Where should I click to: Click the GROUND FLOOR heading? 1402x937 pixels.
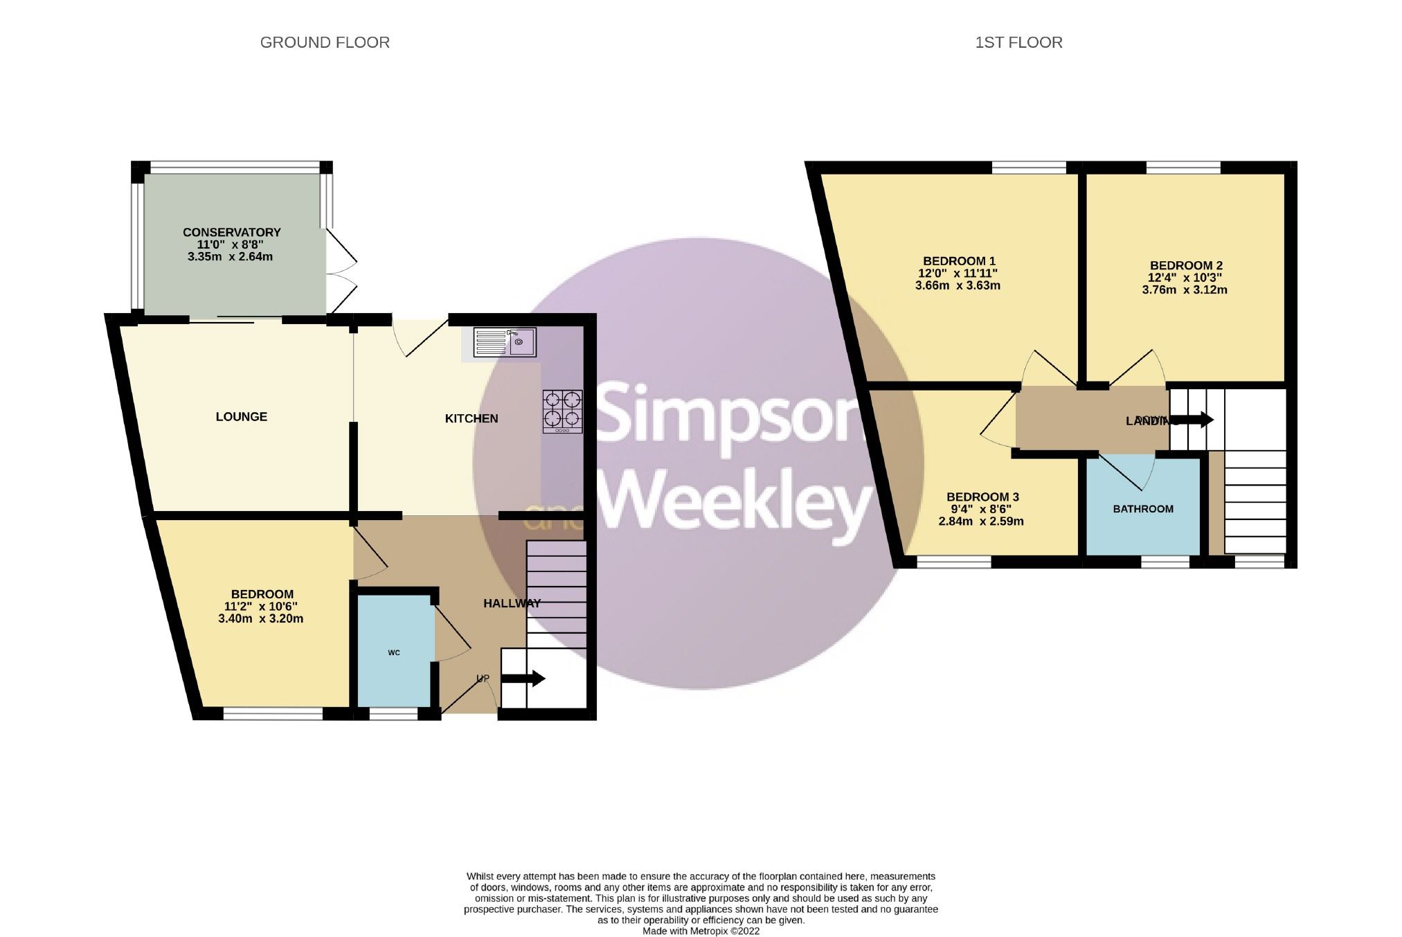[x=325, y=43]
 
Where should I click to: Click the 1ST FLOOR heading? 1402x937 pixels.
[x=1018, y=43]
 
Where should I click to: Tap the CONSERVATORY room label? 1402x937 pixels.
[x=231, y=233]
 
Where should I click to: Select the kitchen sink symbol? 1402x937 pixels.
[x=505, y=342]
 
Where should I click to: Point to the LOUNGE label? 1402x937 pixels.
[x=241, y=417]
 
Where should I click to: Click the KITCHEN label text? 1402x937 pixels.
[x=471, y=418]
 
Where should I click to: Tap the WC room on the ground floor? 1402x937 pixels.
[x=394, y=652]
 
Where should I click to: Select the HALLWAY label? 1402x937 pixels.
[x=512, y=603]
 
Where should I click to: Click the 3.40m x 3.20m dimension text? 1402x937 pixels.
[x=260, y=619]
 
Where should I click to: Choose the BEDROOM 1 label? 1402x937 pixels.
[x=959, y=261]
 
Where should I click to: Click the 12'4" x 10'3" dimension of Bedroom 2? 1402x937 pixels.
[x=1185, y=278]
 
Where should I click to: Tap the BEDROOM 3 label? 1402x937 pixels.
[x=982, y=497]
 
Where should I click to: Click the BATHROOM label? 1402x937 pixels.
[x=1143, y=509]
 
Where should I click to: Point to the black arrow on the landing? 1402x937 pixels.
[x=1193, y=420]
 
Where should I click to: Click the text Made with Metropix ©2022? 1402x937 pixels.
[x=701, y=931]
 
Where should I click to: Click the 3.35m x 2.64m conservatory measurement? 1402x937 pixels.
[x=230, y=257]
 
